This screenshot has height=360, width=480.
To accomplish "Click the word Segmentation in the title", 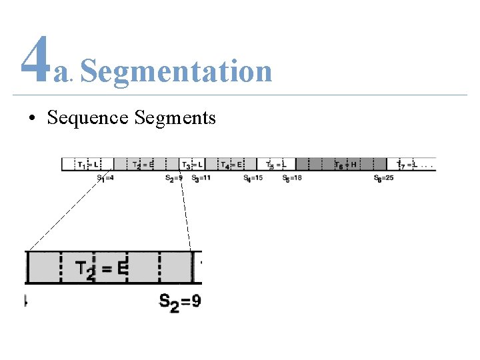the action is [x=176, y=71].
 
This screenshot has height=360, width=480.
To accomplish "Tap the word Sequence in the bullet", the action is [x=87, y=118].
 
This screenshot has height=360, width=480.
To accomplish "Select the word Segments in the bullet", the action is [x=175, y=119].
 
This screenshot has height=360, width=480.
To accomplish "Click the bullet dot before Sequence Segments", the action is [x=32, y=119].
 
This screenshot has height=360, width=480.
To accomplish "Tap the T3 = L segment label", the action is [x=192, y=165].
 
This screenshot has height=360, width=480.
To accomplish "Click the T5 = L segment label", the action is [x=276, y=165].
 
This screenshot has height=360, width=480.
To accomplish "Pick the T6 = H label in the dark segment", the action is [x=345, y=165].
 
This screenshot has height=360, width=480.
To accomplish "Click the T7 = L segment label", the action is [x=407, y=165].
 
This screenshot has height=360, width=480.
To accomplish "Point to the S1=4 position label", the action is [x=105, y=179].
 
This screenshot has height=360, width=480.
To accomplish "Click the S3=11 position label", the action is [x=201, y=179].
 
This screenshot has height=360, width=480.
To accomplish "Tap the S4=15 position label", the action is [x=253, y=179].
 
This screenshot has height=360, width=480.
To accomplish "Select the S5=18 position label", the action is [x=292, y=179].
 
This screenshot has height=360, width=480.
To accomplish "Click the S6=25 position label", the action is [x=384, y=179].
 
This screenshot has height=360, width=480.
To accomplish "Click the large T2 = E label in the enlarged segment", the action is [x=101, y=269].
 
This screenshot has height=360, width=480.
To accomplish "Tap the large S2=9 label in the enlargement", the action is [x=179, y=302].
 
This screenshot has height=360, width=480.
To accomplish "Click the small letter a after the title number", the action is [x=62, y=75].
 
